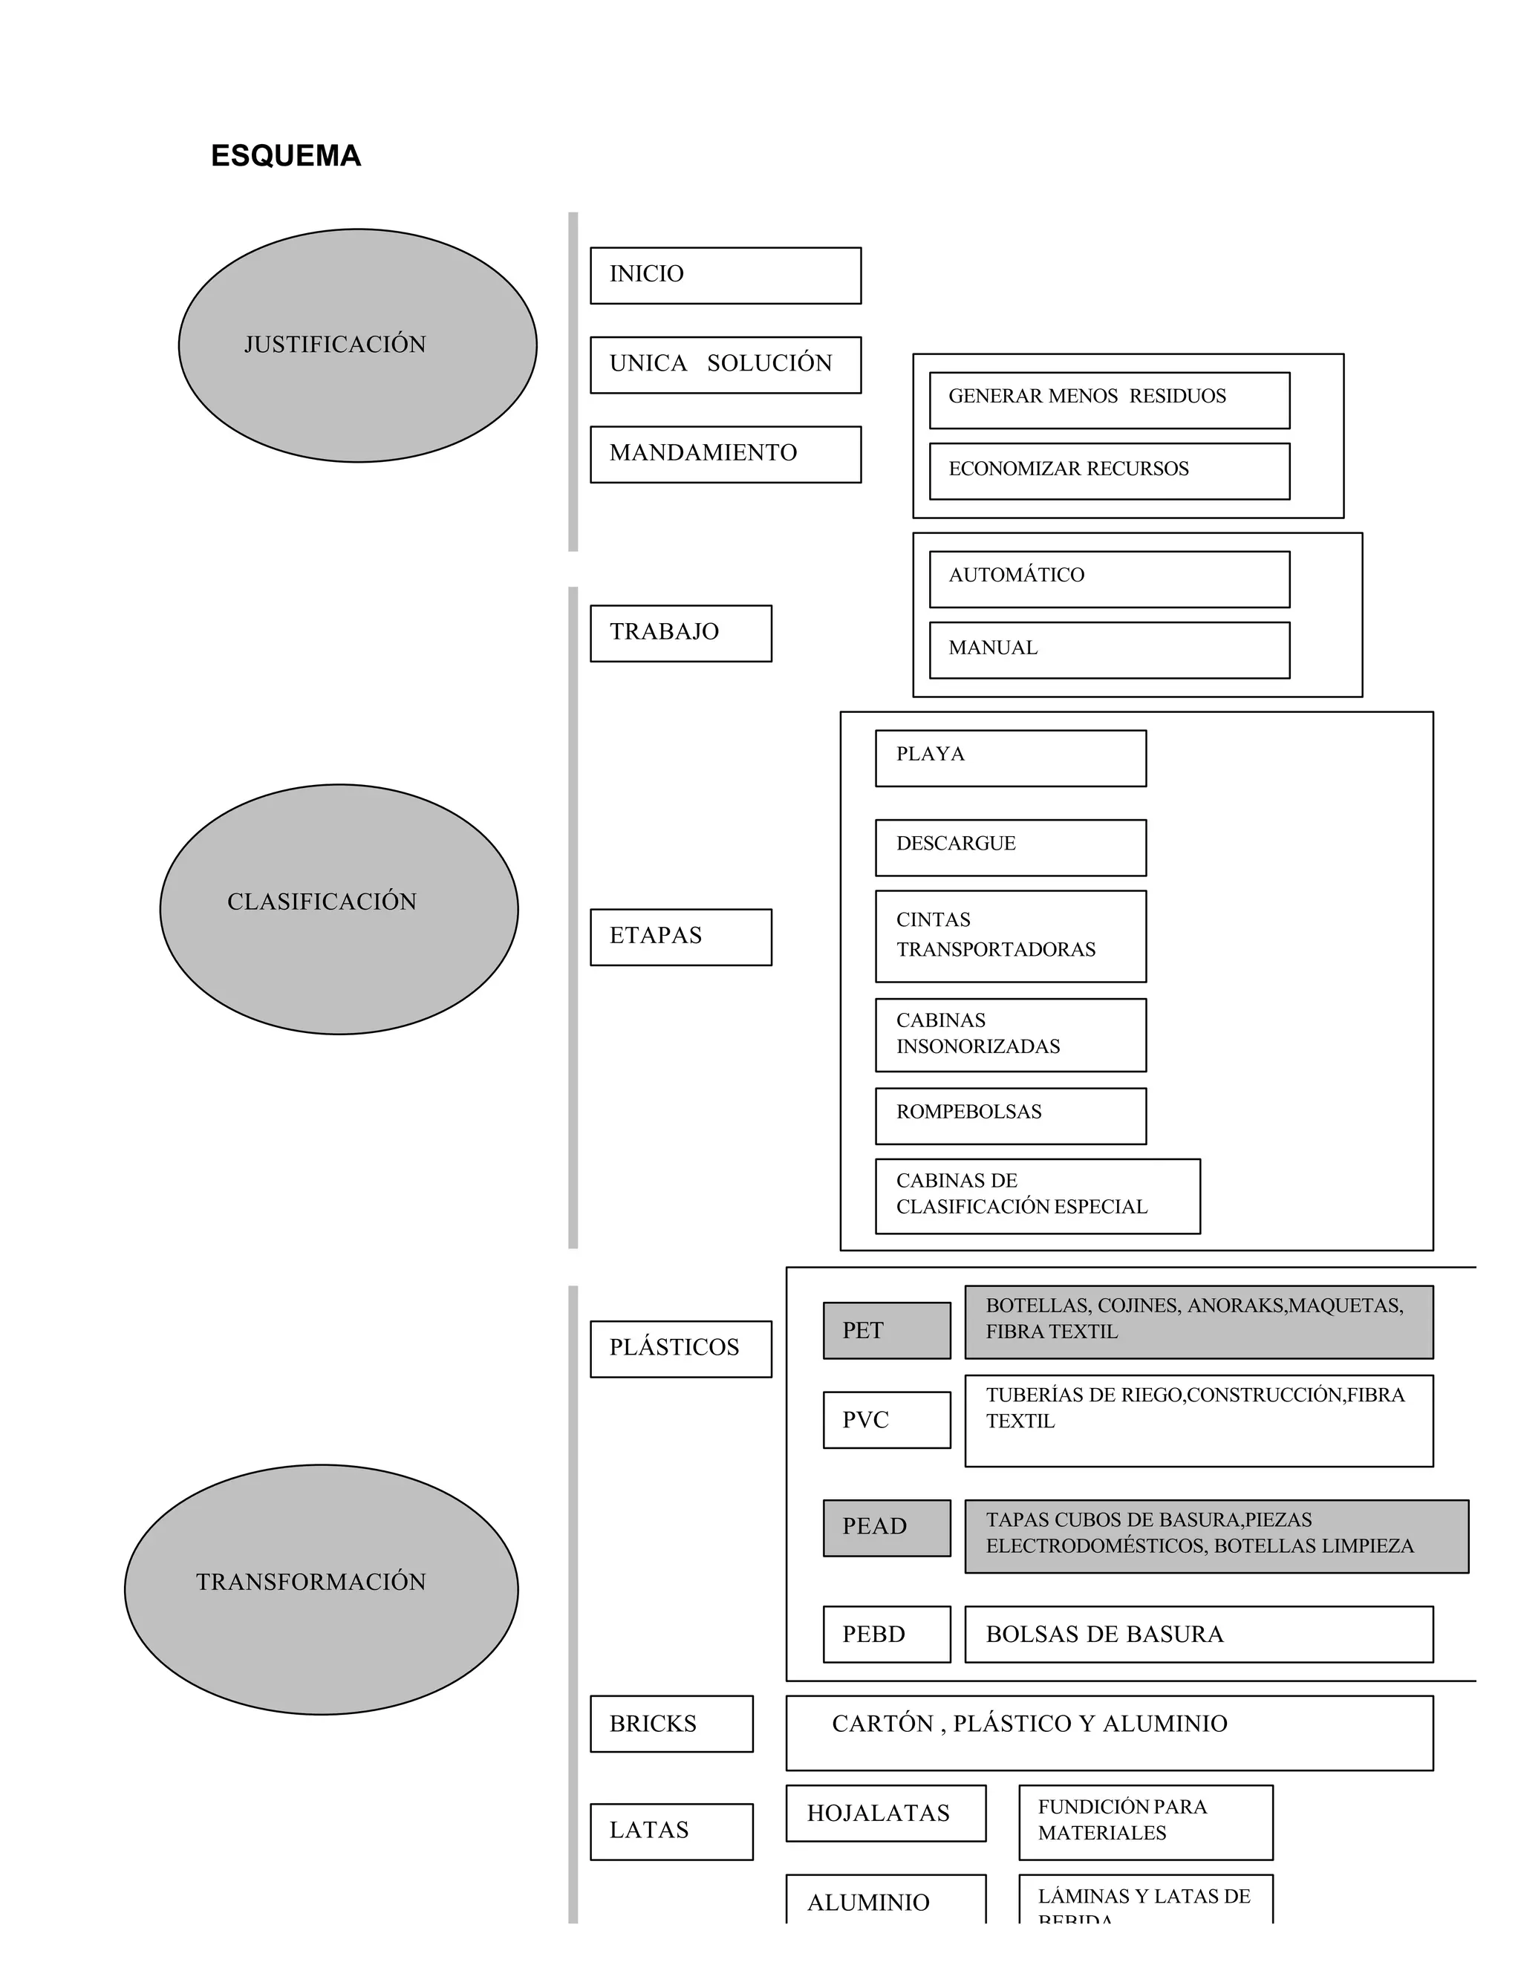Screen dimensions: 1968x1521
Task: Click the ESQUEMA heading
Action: pos(286,156)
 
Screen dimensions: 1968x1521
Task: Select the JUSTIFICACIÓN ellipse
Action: pos(358,345)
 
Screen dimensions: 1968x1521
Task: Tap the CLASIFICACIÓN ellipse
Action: pos(339,908)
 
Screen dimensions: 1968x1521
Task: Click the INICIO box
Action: pos(726,276)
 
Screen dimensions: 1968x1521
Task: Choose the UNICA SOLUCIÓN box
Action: pos(726,365)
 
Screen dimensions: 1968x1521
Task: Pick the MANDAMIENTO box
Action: pos(726,454)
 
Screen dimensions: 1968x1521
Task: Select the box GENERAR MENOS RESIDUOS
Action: pos(1110,400)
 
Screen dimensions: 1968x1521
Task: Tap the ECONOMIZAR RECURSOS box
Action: pos(1110,472)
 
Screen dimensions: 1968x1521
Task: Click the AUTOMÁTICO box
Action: pos(1110,579)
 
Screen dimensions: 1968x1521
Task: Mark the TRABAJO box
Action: pos(680,633)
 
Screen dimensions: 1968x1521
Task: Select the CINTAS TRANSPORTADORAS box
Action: pos(1010,936)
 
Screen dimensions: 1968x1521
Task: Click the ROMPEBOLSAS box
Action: pos(1010,1115)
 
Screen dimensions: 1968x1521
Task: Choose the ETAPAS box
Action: pos(680,937)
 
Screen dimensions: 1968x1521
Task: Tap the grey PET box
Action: pos(887,1330)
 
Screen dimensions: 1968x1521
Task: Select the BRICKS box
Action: pos(671,1724)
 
